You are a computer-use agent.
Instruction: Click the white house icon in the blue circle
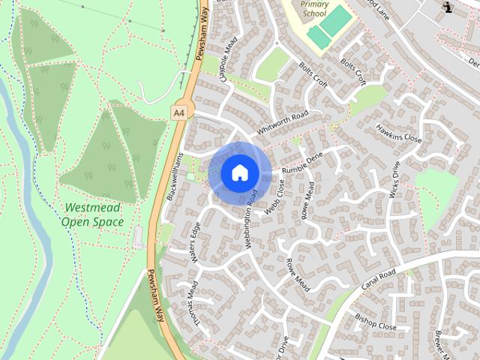pyautogui.click(x=239, y=172)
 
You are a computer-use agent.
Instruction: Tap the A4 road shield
pyautogui.click(x=178, y=112)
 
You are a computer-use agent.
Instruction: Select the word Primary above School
pyautogui.click(x=314, y=4)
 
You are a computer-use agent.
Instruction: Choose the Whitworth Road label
pyautogui.click(x=282, y=122)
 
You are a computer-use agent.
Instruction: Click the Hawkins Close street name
pyautogui.click(x=399, y=133)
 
